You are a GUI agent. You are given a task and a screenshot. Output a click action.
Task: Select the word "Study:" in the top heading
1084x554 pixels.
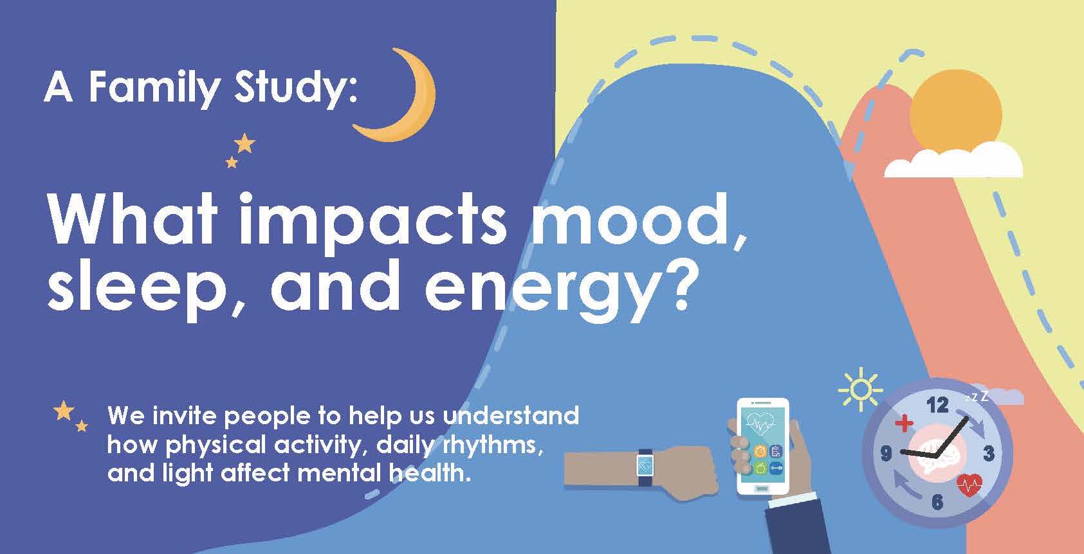pos(296,90)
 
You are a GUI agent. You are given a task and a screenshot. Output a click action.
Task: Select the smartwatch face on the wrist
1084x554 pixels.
pos(645,467)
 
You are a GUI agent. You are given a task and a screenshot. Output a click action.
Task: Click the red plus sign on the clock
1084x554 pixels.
pos(903,424)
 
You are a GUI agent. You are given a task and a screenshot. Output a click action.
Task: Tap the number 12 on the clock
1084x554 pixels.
pos(937,405)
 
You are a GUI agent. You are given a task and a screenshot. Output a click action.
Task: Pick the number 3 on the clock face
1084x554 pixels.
pos(988,454)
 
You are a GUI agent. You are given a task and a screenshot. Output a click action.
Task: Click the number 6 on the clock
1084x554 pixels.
pos(937,502)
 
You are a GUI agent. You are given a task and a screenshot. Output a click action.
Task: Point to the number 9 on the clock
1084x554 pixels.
pos(886,454)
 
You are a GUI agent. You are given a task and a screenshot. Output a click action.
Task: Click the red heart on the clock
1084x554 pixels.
pos(969,485)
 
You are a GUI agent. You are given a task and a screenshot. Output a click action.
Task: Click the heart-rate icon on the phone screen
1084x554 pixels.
pos(760,424)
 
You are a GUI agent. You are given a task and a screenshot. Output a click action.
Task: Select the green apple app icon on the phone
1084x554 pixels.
pos(760,468)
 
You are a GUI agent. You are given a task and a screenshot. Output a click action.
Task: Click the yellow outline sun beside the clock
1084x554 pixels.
pos(860,389)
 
